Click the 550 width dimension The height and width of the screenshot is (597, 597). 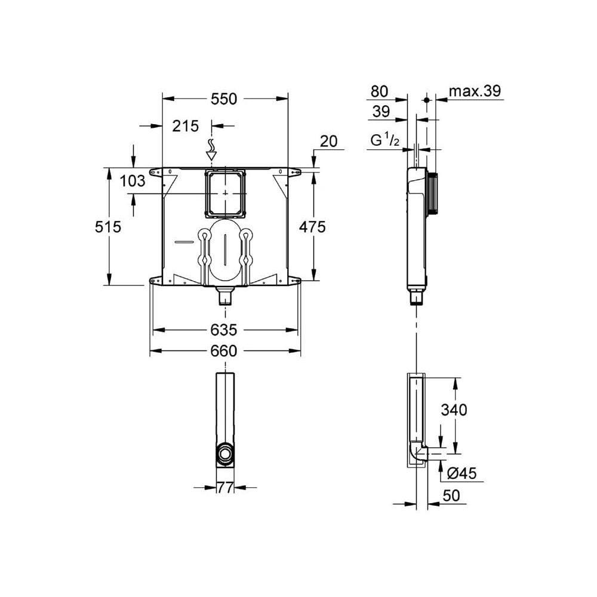pos(224,99)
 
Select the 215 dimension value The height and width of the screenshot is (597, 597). pos(185,126)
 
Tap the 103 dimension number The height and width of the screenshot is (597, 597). pos(133,181)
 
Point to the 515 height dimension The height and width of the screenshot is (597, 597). pos(108,227)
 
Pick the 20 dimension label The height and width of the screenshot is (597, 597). pos(328,141)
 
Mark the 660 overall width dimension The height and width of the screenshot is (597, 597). pos(224,351)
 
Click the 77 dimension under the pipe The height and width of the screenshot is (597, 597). pos(225,488)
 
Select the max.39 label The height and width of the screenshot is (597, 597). pos(475,91)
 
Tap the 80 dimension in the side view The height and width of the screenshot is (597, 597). pos(380,91)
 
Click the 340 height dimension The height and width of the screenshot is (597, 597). pos(454,410)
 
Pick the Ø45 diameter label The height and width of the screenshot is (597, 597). pos(461,473)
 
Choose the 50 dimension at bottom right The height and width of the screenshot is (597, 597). pos(452,496)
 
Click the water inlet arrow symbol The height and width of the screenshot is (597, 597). pos(210,150)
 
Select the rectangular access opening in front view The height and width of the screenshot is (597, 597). pos(224,193)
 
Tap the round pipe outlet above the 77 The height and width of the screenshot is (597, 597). pos(225,454)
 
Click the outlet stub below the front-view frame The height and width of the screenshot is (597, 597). pos(225,296)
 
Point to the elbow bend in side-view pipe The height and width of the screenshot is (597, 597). pos(417,454)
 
